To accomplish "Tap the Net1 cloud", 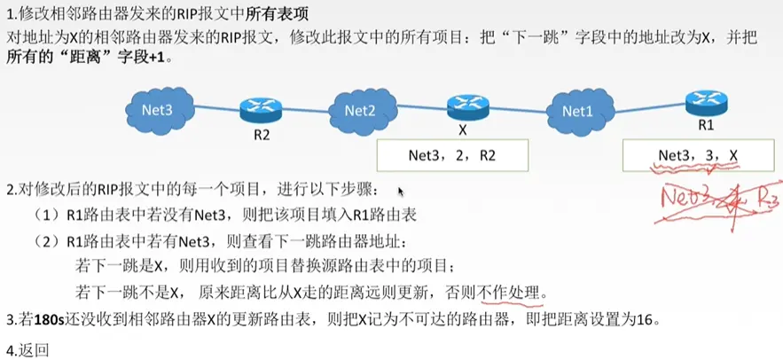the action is [577, 111].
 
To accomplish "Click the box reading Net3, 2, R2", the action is [453, 156].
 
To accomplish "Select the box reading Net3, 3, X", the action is [698, 156].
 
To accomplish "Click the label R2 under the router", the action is [260, 137].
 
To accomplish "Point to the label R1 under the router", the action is [707, 126].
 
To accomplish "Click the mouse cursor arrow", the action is [400, 191].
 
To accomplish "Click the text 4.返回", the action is [26, 348].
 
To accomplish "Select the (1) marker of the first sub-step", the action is [44, 215].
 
